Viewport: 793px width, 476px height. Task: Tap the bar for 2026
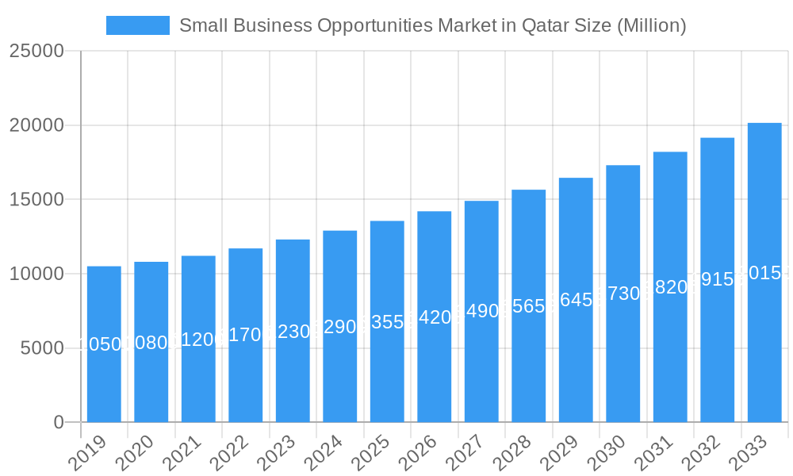pos(435,317)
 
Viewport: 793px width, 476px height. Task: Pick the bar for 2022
pos(246,335)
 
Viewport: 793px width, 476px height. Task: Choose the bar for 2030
pos(623,294)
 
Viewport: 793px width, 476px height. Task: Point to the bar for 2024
pos(340,326)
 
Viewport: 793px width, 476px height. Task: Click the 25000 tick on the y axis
pos(36,52)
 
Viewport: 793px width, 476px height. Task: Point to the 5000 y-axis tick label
pos(42,348)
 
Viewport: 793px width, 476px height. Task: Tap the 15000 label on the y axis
pos(36,200)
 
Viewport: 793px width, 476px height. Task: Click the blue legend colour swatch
pos(138,25)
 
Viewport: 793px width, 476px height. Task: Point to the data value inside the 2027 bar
pos(481,311)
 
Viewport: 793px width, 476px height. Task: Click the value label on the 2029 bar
pos(576,300)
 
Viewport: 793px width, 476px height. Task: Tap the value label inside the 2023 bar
pos(293,331)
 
